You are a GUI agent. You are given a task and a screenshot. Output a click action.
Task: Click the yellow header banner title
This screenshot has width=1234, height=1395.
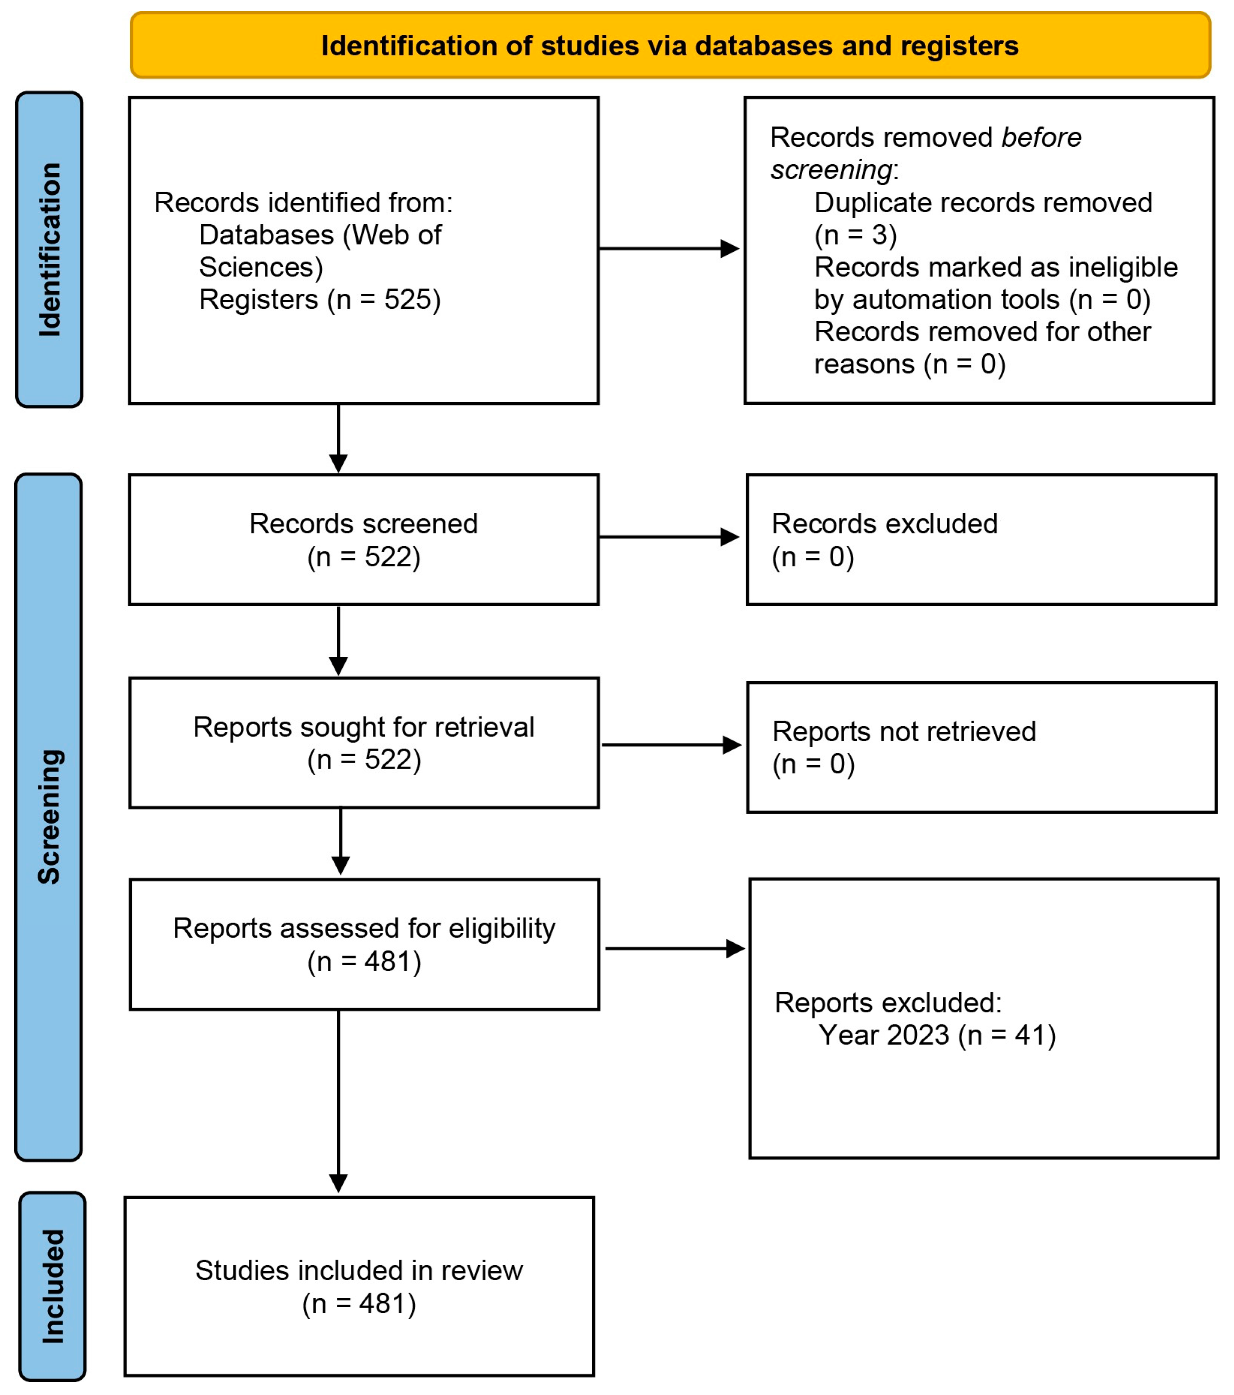point(670,46)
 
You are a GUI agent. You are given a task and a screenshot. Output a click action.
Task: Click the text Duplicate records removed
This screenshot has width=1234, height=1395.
point(983,203)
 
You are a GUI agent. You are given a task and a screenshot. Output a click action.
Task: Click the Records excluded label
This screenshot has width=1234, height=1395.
point(884,524)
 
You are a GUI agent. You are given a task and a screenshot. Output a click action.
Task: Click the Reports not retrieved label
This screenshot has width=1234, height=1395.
point(904,731)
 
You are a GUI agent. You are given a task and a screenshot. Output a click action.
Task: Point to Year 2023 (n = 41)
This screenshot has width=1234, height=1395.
point(937,1035)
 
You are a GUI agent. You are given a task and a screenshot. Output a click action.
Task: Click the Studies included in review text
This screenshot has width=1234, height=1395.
point(359,1271)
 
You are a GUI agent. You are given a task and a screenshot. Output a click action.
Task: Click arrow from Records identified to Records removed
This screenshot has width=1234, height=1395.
point(669,248)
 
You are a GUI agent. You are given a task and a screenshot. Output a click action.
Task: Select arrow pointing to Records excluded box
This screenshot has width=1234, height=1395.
point(669,537)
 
